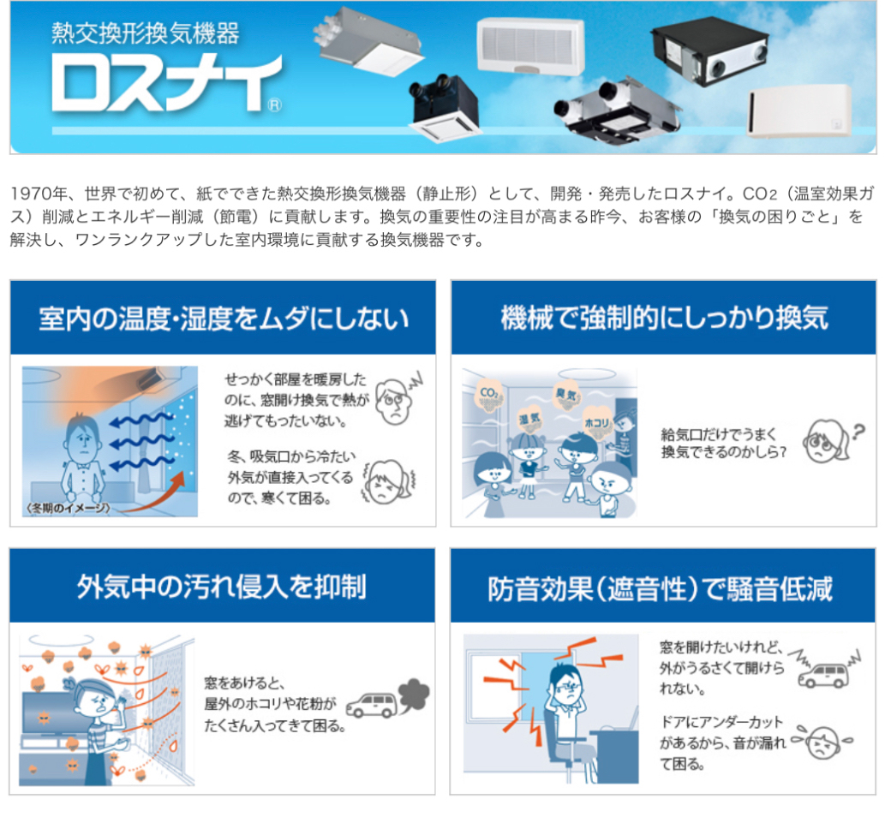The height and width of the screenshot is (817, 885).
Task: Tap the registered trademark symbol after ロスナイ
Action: pos(275,105)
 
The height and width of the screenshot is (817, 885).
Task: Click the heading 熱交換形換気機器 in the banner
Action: pos(146,33)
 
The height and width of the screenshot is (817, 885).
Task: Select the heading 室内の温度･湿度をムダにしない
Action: pos(224,318)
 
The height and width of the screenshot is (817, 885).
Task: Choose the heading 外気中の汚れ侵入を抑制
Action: pos(222,587)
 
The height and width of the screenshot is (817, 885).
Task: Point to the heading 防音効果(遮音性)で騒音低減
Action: pos(660,588)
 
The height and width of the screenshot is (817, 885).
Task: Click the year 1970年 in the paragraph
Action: pos(39,194)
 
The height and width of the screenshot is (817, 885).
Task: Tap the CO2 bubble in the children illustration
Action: pos(488,394)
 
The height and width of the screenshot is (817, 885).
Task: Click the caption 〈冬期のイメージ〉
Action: pos(68,508)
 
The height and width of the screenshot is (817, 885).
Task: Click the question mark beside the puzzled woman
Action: pos(858,432)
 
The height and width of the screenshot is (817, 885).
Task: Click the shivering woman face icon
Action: pos(388,482)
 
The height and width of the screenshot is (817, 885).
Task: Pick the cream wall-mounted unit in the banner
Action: pos(800,110)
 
